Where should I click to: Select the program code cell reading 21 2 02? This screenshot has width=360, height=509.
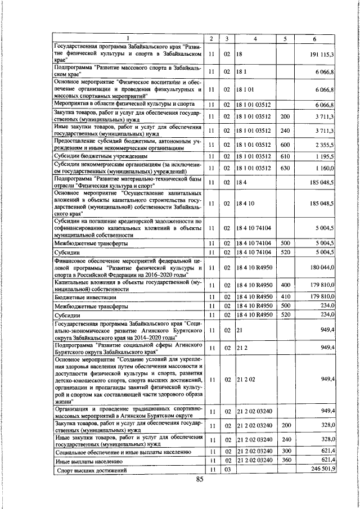point(243,380)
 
